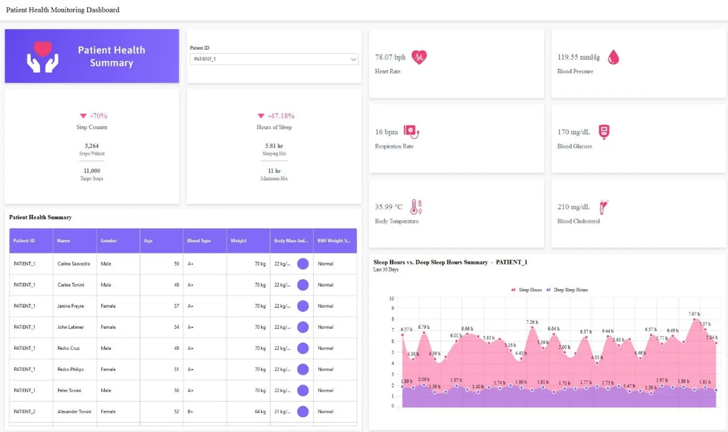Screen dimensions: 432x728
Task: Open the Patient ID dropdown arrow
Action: coord(353,59)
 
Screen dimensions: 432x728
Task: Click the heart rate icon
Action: coord(419,57)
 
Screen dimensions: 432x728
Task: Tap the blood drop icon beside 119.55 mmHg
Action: coord(613,57)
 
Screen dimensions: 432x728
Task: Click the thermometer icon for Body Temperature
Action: coord(416,207)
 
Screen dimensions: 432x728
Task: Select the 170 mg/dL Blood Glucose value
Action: coord(574,132)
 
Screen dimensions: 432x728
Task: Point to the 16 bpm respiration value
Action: coord(386,132)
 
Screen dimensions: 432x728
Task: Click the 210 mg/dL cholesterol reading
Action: coord(574,207)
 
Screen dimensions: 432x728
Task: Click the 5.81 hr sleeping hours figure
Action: coord(274,146)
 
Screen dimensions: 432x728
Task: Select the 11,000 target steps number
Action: coord(92,171)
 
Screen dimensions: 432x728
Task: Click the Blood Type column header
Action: coord(199,241)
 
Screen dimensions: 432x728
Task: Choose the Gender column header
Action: coord(108,241)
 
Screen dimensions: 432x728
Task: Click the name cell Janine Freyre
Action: coord(71,306)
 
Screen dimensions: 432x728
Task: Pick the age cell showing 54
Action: coord(176,327)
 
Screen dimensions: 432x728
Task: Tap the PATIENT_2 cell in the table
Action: coord(24,411)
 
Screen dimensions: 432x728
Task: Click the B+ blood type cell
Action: coord(191,411)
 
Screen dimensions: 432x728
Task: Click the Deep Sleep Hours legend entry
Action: coord(570,290)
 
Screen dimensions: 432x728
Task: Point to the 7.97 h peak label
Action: coord(694,314)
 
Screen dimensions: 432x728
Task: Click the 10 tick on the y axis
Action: coord(392,298)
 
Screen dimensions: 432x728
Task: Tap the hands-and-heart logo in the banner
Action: coord(43,57)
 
